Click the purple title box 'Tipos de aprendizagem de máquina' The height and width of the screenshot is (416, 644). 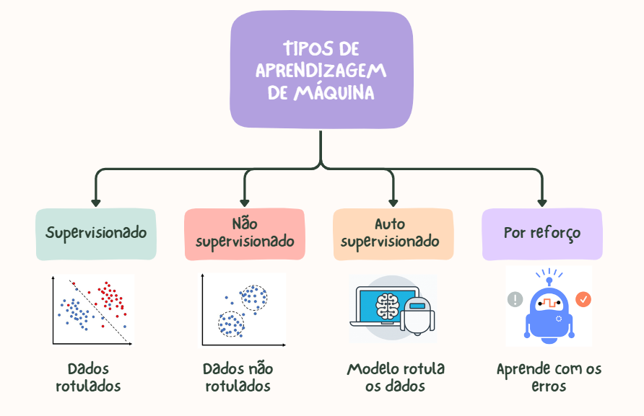click(321, 71)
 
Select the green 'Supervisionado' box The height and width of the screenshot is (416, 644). click(96, 234)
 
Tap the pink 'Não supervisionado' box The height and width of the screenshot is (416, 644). click(245, 234)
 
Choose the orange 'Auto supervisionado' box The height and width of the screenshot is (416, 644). click(393, 234)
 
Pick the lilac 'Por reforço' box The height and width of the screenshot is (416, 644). click(541, 234)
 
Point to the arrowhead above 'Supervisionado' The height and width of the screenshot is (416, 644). click(96, 203)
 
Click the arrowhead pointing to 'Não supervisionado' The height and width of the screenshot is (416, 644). click(245, 203)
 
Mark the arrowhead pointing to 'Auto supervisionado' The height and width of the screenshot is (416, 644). click(393, 203)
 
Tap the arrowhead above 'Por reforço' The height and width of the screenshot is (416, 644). click(541, 203)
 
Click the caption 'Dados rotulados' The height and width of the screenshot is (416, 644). click(88, 377)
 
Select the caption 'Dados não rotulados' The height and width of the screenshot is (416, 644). click(238, 377)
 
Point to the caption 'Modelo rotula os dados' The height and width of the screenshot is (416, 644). click(396, 377)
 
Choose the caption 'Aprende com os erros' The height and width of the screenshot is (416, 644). click(549, 377)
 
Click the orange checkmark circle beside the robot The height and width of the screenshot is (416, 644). click(583, 298)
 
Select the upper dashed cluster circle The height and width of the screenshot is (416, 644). click(253, 297)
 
